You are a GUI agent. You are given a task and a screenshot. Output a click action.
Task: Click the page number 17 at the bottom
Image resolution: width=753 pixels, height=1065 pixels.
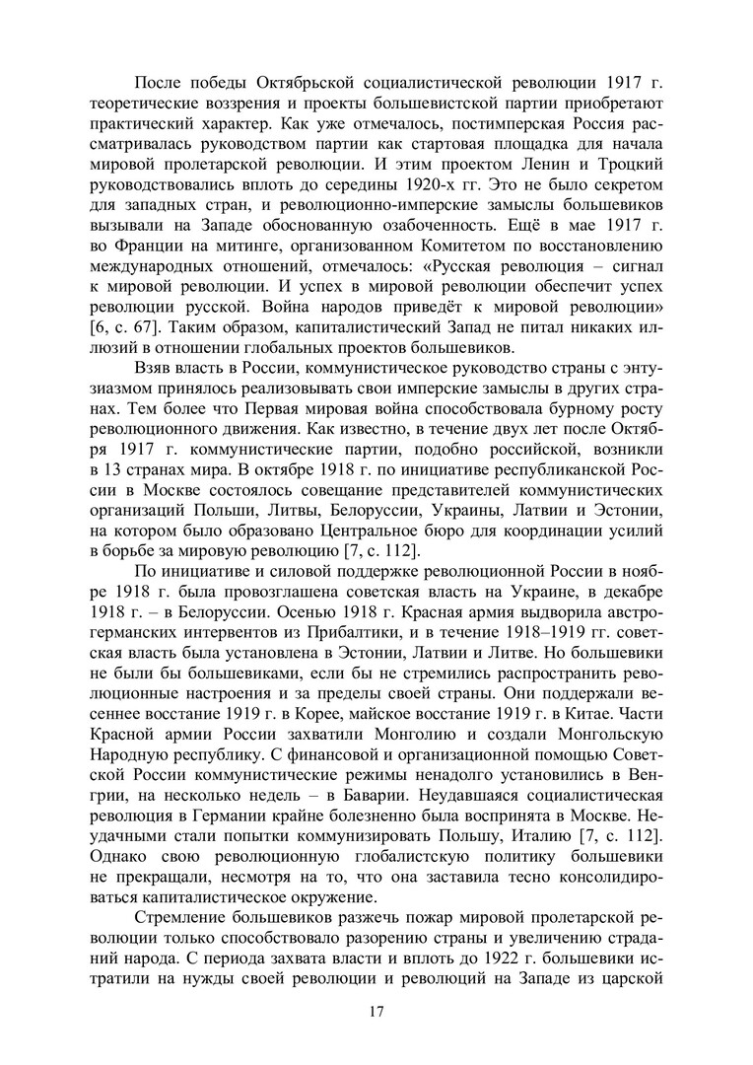376,1010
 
